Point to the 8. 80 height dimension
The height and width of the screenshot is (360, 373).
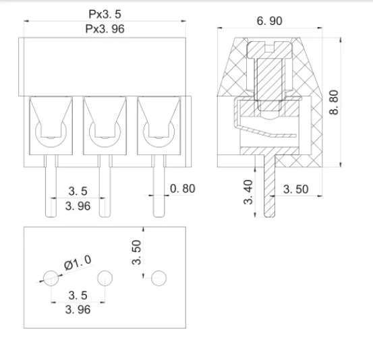click(335, 101)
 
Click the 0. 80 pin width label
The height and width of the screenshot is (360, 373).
click(181, 189)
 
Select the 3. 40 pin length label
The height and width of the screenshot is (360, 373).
click(249, 192)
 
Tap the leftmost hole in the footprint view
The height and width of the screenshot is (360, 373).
click(50, 277)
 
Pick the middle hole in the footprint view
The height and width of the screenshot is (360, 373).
click(105, 277)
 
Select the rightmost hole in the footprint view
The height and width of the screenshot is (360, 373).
click(159, 277)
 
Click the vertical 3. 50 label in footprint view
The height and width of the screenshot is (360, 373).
click(136, 251)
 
